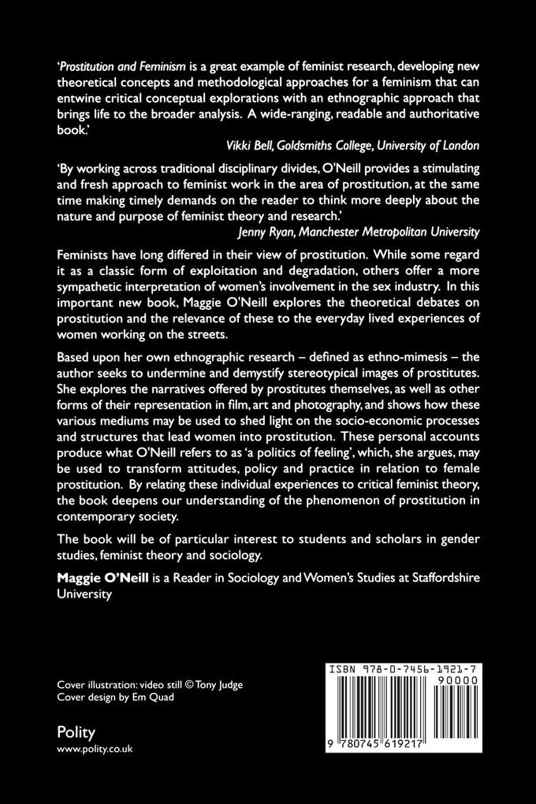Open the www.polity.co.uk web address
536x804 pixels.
(x=95, y=750)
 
